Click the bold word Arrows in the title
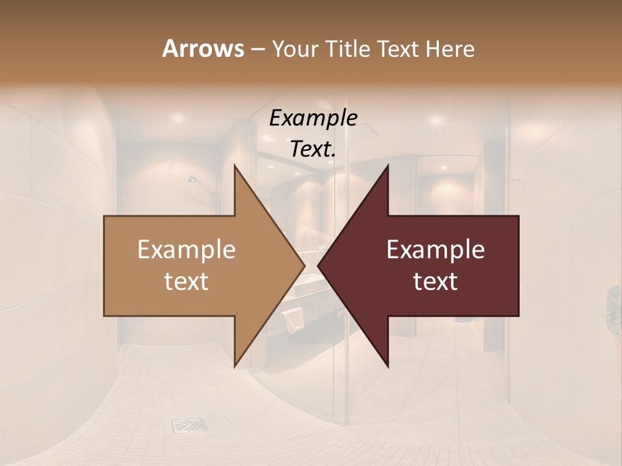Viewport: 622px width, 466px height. [203, 49]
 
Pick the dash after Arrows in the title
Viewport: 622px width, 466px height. [257, 50]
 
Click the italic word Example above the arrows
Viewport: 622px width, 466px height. [313, 118]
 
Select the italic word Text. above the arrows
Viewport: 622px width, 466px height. [313, 149]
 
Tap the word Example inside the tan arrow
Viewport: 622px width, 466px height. [187, 249]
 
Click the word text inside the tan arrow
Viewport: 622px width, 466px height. [187, 282]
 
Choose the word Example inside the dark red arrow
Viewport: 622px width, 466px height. [435, 249]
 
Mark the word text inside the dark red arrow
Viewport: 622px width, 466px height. [435, 282]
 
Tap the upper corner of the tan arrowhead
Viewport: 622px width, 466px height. [235, 166]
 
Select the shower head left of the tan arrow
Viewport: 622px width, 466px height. [193, 180]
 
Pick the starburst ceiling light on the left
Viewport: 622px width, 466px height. [178, 118]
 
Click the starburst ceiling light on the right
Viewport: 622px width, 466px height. [435, 119]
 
